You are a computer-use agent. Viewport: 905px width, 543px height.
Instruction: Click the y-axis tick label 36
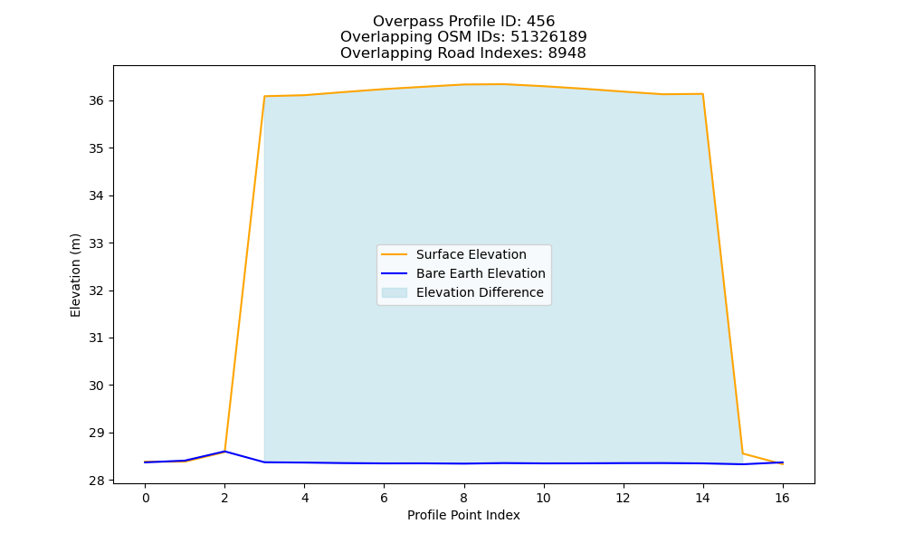[96, 101]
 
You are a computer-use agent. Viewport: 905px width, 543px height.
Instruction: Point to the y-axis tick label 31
[96, 338]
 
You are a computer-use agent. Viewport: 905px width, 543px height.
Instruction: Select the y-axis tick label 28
[96, 480]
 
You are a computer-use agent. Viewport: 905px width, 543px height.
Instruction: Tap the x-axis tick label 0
[146, 498]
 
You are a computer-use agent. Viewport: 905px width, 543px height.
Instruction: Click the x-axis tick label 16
[782, 498]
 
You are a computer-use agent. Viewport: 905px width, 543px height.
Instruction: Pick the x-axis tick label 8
[463, 498]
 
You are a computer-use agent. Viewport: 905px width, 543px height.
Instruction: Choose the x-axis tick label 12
[623, 498]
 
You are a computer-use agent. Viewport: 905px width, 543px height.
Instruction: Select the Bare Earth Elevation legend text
[481, 273]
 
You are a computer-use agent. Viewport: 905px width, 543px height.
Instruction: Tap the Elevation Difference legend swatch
[395, 292]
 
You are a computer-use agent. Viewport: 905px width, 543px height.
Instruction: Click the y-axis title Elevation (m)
[75, 275]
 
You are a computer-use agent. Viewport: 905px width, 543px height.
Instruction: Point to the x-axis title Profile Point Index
[463, 515]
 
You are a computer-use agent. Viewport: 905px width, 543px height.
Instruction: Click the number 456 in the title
[540, 22]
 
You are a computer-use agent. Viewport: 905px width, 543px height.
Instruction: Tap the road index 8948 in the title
[567, 53]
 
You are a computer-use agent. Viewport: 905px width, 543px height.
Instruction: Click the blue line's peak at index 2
[224, 452]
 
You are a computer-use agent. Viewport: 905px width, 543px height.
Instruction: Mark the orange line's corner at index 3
[264, 96]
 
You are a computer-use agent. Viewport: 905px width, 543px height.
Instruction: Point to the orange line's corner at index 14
[702, 94]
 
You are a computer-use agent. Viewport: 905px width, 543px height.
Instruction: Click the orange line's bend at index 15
[742, 453]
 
